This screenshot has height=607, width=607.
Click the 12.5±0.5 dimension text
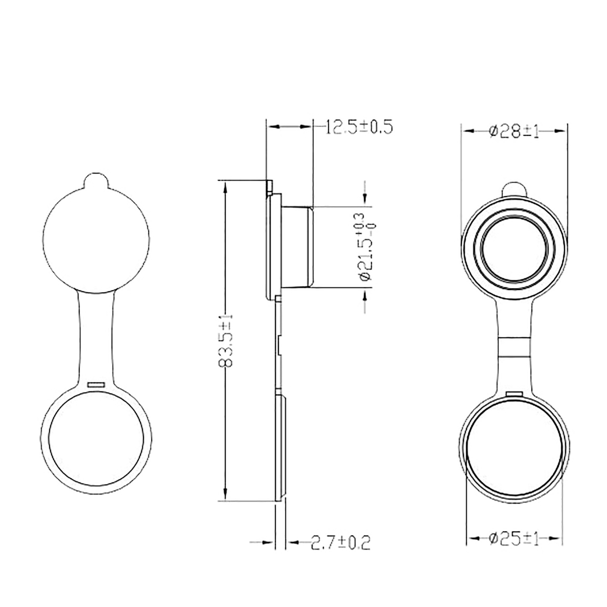click(x=359, y=127)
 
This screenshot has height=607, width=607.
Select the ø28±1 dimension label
click(x=514, y=131)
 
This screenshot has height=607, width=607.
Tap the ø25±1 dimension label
click(x=514, y=539)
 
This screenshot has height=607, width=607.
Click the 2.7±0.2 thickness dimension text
click(x=340, y=543)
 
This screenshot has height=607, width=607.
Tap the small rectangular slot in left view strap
click(x=96, y=385)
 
